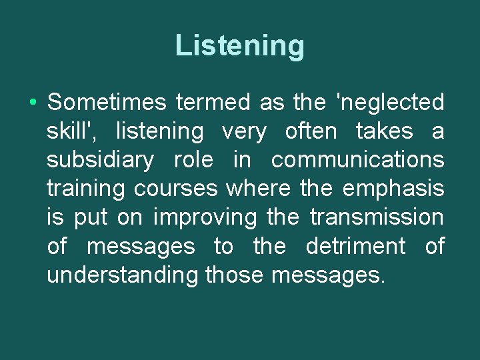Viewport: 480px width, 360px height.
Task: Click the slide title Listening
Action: (x=240, y=46)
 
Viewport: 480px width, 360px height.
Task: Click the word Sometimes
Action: (x=106, y=103)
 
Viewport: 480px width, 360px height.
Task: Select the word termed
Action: (x=213, y=103)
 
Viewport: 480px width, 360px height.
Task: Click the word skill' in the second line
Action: (x=73, y=131)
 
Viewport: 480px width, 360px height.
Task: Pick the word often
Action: (x=311, y=131)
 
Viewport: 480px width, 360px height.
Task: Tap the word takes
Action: (x=385, y=131)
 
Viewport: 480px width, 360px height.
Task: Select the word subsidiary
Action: (x=101, y=160)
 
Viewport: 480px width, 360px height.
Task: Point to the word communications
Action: (x=357, y=160)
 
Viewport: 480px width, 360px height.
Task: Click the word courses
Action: (x=176, y=189)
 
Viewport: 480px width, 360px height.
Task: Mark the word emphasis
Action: (x=393, y=189)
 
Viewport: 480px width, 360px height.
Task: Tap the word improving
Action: (x=205, y=218)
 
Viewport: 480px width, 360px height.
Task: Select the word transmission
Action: (x=377, y=218)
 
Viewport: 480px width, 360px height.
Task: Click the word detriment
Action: (x=355, y=247)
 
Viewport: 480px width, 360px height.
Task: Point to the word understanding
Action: (x=123, y=275)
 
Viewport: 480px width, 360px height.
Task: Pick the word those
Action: (x=234, y=275)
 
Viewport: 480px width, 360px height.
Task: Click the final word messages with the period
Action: (x=329, y=275)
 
